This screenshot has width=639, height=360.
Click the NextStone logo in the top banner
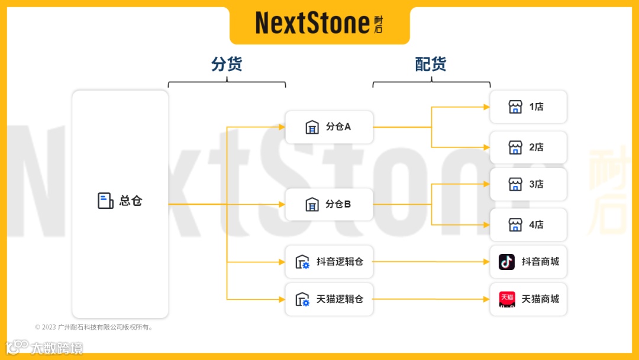click(319, 24)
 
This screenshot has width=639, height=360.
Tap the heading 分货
click(227, 64)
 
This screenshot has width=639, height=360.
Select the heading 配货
click(431, 64)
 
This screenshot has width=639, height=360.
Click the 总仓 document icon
click(105, 201)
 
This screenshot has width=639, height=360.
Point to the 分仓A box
click(329, 127)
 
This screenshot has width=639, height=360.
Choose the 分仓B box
click(329, 204)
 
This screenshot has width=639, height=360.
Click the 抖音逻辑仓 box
click(329, 261)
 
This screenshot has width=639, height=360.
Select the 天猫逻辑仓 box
click(329, 299)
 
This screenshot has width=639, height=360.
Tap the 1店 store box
click(528, 107)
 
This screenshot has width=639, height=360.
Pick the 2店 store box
click(528, 147)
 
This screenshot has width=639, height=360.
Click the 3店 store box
click(528, 184)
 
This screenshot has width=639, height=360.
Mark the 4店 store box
click(528, 224)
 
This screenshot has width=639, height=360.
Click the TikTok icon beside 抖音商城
click(506, 262)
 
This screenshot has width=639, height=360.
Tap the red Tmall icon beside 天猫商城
click(506, 299)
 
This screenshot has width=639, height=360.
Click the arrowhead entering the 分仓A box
click(282, 127)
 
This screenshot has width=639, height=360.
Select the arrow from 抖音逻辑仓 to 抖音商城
click(432, 261)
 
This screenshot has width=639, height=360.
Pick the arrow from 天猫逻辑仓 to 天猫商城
click(432, 299)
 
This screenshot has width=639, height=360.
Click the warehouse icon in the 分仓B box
click(312, 204)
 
